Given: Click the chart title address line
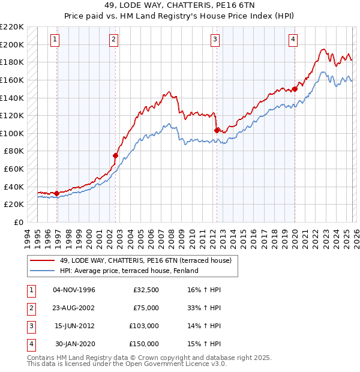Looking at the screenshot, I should point(179,5).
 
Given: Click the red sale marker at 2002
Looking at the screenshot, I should point(115,155).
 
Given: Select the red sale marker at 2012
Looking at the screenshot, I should point(216,130).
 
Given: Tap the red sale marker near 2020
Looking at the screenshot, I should point(295,89).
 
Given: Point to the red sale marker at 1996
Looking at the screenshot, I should point(56,193).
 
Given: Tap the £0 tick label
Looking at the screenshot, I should point(18,222).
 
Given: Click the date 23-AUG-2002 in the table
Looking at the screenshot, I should point(74,307).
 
